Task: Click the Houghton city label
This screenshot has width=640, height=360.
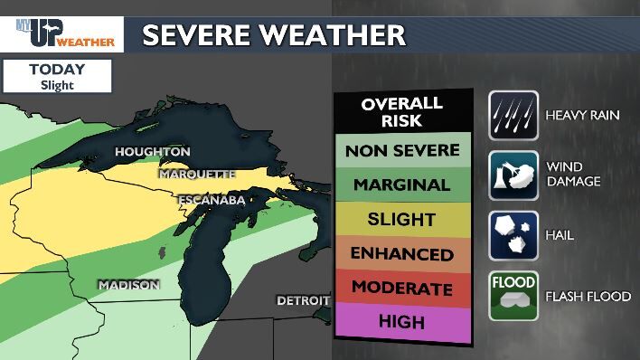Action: pyautogui.click(x=153, y=151)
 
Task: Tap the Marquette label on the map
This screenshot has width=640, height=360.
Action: pyautogui.click(x=197, y=174)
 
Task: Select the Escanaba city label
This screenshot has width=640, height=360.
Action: pyautogui.click(x=212, y=199)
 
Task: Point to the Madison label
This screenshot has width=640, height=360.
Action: pyautogui.click(x=129, y=285)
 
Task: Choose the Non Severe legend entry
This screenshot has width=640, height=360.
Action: pyautogui.click(x=402, y=150)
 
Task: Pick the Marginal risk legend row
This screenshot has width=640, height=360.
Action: pyautogui.click(x=402, y=185)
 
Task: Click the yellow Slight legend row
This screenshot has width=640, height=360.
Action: pyautogui.click(x=402, y=219)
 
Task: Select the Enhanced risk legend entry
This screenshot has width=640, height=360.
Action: pyautogui.click(x=402, y=253)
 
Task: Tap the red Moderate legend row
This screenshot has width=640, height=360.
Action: pyautogui.click(x=402, y=289)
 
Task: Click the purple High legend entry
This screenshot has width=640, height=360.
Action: pyautogui.click(x=402, y=321)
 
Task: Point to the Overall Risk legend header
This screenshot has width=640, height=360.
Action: pyautogui.click(x=402, y=111)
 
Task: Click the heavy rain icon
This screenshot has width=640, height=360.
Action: pyautogui.click(x=513, y=115)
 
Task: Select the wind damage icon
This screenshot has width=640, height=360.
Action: pyautogui.click(x=513, y=175)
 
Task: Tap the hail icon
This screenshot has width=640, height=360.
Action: pyautogui.click(x=513, y=235)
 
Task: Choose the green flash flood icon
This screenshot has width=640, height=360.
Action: pyautogui.click(x=513, y=296)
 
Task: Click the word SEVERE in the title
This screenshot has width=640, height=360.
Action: pyautogui.click(x=197, y=35)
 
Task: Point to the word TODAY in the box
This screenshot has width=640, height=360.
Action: pyautogui.click(x=56, y=70)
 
